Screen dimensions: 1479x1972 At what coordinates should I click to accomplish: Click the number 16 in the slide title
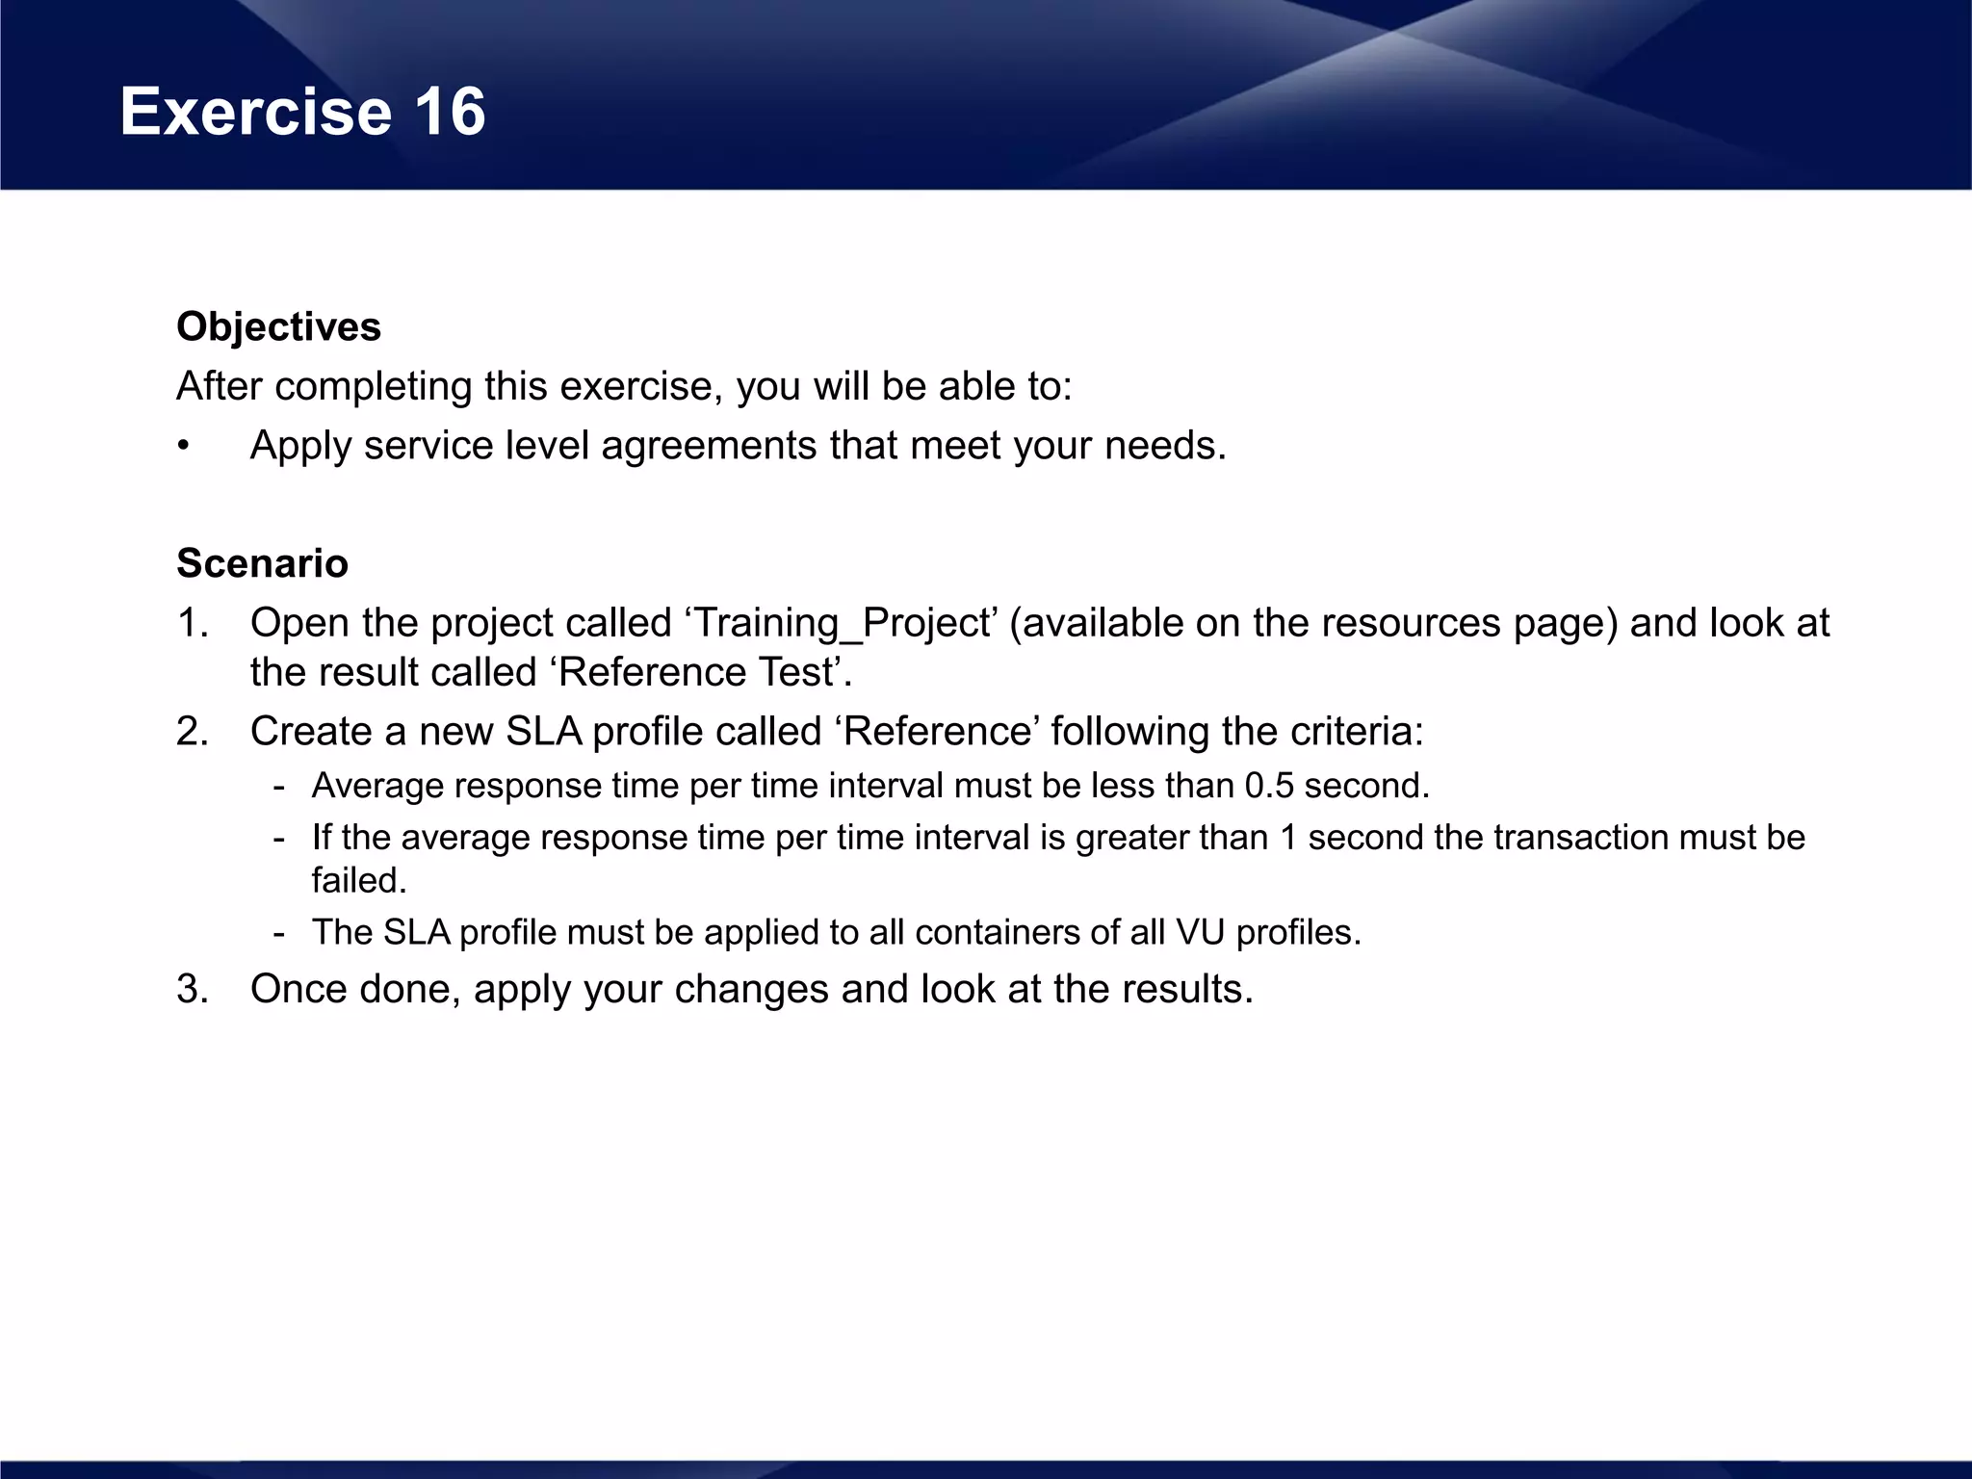coord(450,112)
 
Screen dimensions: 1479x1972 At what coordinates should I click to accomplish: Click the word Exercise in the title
coord(255,112)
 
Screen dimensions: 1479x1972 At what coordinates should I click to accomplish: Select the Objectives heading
coord(279,326)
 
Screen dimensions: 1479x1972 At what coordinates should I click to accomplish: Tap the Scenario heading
coord(262,563)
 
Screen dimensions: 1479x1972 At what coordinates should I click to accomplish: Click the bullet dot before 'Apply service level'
coord(183,447)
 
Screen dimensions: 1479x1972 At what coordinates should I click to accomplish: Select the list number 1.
coord(193,623)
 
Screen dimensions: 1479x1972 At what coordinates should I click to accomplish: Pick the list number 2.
coord(193,732)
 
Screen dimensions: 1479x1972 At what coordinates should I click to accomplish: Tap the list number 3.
coord(193,989)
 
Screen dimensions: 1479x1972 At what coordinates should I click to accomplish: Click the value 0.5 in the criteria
coord(1268,786)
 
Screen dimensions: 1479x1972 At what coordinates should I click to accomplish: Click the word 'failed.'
coord(359,880)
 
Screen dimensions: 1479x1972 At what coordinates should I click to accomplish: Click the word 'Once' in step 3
coord(298,989)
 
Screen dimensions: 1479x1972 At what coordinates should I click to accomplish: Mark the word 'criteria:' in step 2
coord(1357,732)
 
